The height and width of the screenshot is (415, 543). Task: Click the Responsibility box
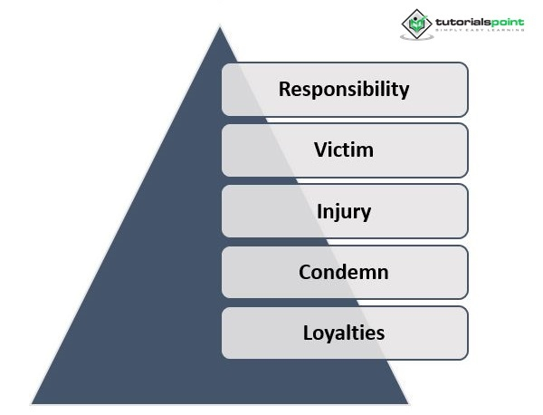(345, 89)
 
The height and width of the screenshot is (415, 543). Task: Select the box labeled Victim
(345, 150)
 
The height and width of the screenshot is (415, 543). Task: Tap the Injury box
(345, 211)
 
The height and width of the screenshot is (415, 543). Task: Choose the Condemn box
(345, 272)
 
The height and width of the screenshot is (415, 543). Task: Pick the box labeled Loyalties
(345, 333)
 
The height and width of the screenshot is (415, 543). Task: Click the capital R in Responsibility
(284, 89)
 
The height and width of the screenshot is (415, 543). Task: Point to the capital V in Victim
(319, 150)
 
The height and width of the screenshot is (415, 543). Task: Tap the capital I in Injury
(319, 211)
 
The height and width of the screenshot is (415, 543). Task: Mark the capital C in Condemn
(306, 272)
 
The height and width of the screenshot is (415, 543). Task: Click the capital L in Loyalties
(307, 333)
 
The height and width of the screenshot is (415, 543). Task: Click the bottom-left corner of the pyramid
(32, 403)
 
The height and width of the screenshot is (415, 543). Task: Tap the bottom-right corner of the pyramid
(408, 403)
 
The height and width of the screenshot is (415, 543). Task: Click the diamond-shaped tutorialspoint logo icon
(417, 23)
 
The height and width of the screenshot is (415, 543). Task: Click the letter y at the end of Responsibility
(404, 92)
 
